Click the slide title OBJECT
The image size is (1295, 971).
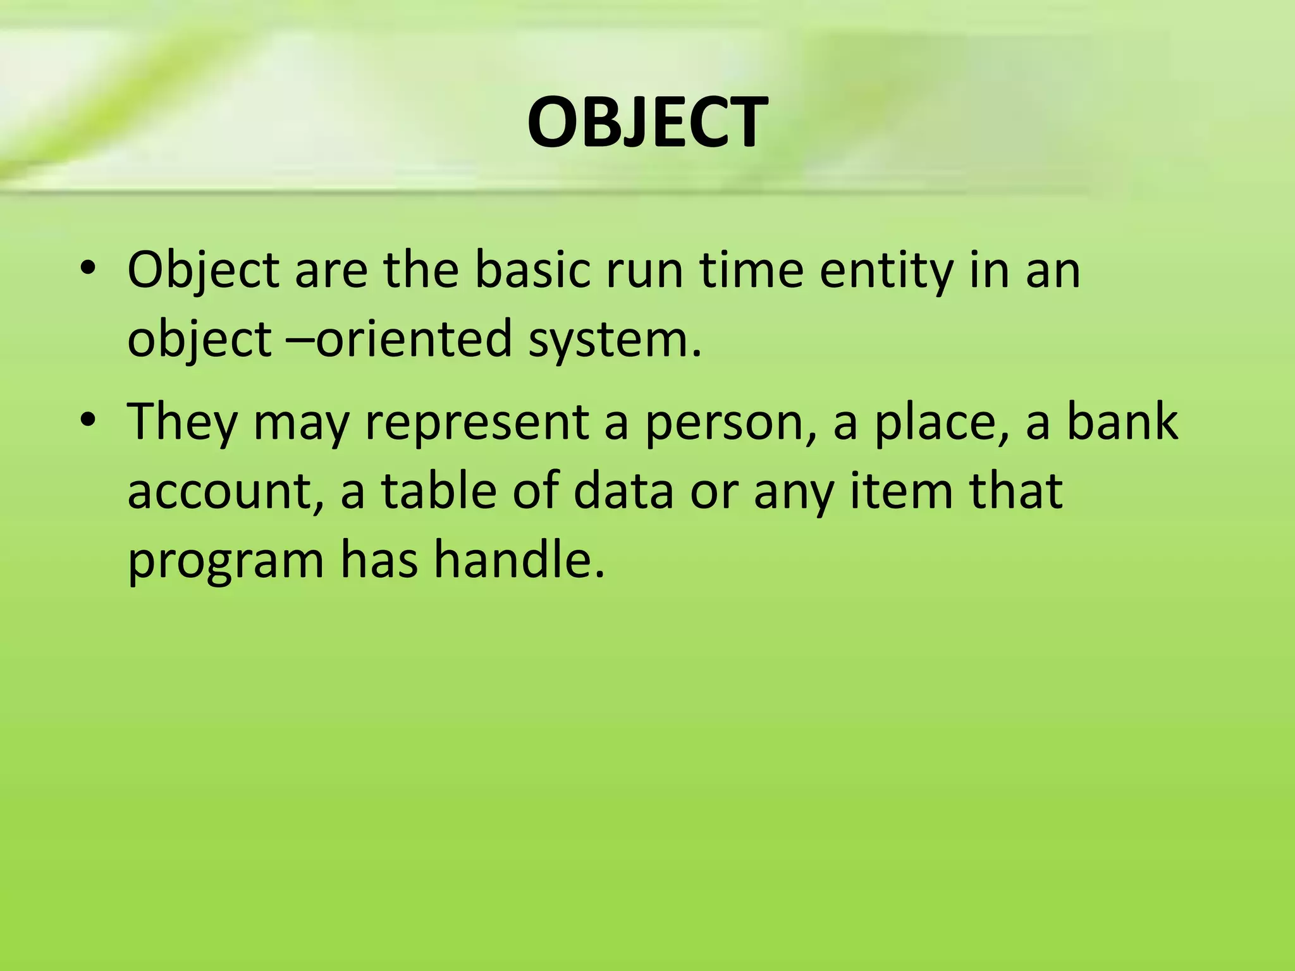(x=647, y=123)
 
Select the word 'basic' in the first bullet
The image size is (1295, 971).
(x=531, y=271)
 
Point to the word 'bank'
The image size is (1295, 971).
(x=1122, y=421)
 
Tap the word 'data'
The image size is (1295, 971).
(x=623, y=491)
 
